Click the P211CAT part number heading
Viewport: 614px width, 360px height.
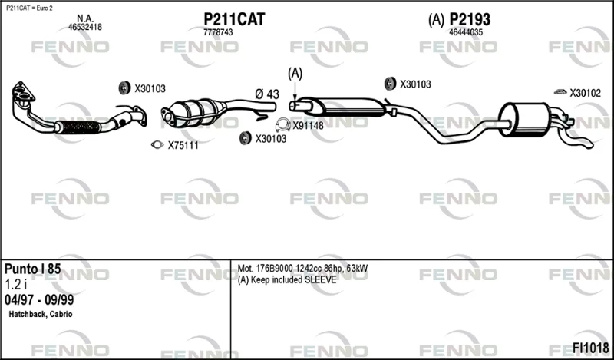(x=234, y=19)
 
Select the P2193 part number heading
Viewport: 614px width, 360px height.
(x=470, y=19)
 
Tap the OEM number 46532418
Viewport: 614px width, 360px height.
(x=85, y=27)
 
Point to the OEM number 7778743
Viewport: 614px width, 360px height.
(x=218, y=32)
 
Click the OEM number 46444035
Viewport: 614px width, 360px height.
(x=466, y=32)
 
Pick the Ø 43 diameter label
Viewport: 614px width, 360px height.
(x=267, y=94)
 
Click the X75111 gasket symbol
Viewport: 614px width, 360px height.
(x=157, y=145)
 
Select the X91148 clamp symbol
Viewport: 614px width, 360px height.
(x=282, y=125)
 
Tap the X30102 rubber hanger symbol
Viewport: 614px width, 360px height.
(x=560, y=92)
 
